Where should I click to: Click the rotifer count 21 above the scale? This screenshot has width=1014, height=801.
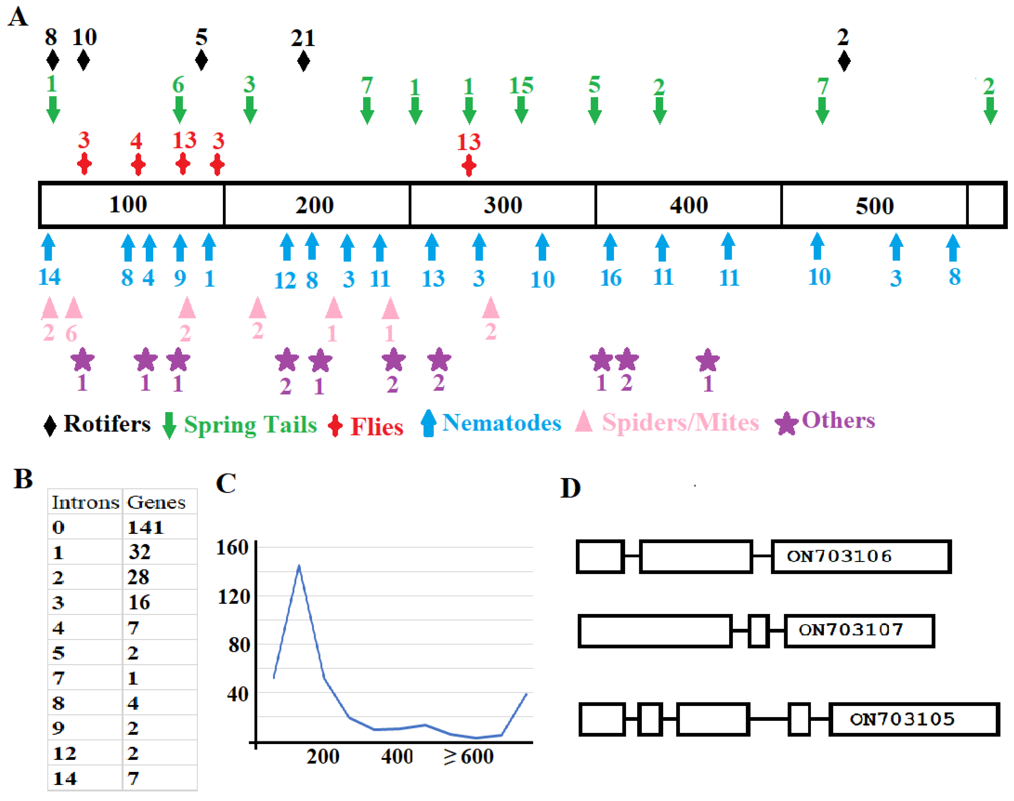click(303, 38)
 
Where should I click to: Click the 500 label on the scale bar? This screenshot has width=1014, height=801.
click(874, 206)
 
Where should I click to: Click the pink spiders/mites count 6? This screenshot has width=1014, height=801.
click(71, 334)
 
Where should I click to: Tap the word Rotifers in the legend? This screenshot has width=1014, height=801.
click(107, 424)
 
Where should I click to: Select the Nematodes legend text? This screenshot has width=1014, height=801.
click(502, 423)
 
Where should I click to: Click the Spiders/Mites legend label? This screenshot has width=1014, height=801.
click(680, 423)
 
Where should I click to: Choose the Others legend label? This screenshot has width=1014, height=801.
click(838, 420)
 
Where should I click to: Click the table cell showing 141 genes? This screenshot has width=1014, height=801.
click(145, 527)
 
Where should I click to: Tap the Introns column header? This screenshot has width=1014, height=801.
click(85, 502)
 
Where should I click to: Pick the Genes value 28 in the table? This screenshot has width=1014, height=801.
click(138, 577)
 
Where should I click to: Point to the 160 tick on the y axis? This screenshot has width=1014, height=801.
click(232, 547)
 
